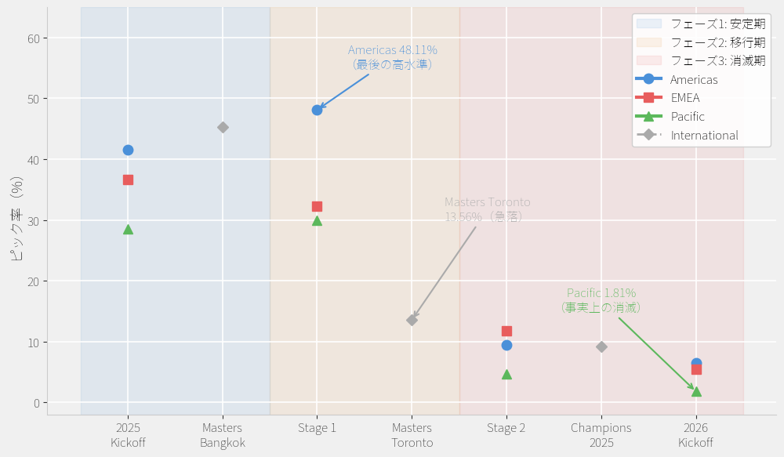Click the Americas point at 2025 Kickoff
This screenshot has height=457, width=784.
coord(128,150)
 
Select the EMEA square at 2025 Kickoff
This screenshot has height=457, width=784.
coord(128,180)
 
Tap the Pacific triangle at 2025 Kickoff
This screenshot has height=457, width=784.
coord(128,230)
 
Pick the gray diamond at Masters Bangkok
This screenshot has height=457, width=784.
coord(223,127)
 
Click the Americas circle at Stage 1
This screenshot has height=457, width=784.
coord(317,110)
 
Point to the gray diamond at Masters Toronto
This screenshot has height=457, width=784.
coord(412,320)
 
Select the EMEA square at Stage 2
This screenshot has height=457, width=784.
coord(506,331)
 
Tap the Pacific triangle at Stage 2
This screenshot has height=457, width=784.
coord(506,375)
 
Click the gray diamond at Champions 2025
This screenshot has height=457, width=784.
coord(601,346)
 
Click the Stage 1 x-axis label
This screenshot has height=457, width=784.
coord(317,428)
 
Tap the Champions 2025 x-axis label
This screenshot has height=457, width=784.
coord(601,435)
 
